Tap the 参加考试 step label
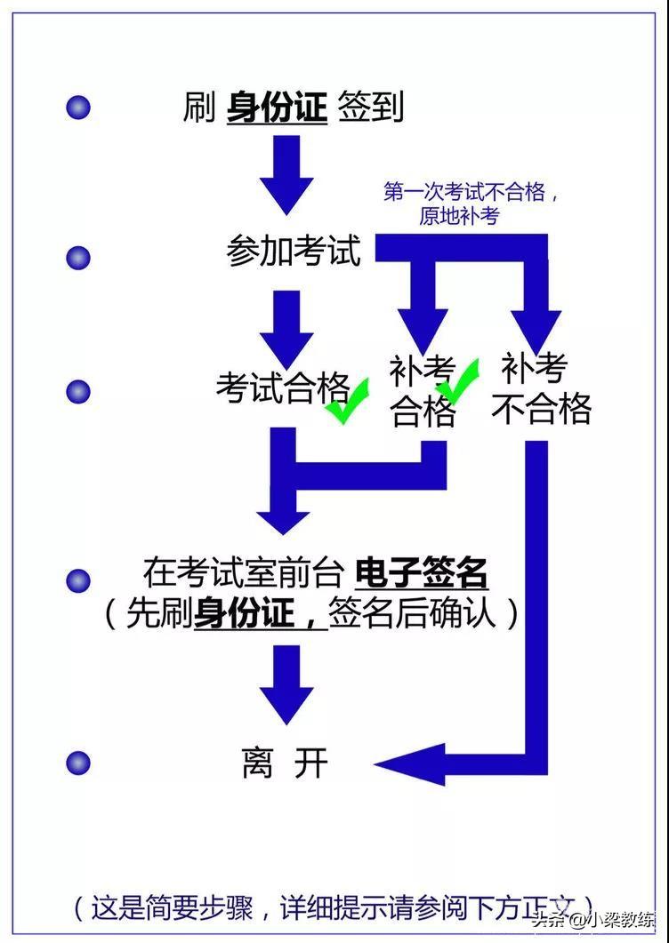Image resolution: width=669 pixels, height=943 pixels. [294, 252]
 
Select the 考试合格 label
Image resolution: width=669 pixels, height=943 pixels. [282, 388]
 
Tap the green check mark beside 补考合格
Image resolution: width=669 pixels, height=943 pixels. [458, 380]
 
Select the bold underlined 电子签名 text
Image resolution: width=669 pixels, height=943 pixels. [421, 573]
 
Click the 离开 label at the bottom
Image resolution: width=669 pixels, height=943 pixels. [285, 763]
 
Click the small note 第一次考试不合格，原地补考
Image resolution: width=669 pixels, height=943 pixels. [470, 204]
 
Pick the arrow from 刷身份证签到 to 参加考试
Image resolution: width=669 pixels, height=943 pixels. [286, 174]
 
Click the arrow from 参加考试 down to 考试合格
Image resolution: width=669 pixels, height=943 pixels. [286, 328]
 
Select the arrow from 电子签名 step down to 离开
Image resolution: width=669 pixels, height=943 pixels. [286, 683]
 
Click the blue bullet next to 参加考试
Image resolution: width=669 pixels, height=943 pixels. [78, 258]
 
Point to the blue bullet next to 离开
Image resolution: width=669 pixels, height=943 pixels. [78, 763]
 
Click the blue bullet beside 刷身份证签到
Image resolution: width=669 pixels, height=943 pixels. [78, 108]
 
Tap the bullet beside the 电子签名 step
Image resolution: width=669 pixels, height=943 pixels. [78, 580]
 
